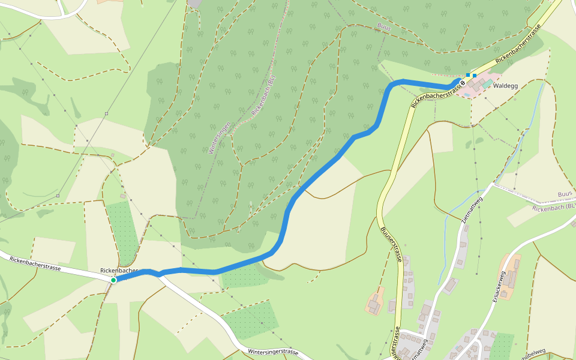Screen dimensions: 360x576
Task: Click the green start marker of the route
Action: (x=113, y=280)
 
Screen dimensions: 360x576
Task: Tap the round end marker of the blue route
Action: (x=463, y=82)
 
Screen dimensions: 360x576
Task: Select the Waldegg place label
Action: (x=505, y=86)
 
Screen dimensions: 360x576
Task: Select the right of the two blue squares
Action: (x=475, y=76)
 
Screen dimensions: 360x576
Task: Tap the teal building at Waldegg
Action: (x=488, y=83)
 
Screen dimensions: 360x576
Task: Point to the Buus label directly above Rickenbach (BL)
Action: (x=565, y=195)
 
